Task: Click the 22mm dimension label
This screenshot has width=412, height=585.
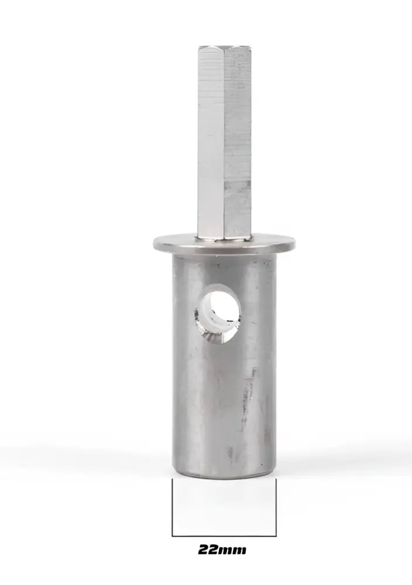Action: (222, 550)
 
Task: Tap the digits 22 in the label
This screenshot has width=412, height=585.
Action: (208, 550)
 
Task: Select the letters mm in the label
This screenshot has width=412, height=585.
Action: (234, 550)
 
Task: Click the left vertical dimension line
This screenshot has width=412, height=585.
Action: (172, 507)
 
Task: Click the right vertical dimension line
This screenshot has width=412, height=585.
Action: (276, 507)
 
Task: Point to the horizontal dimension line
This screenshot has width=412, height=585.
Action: (224, 535)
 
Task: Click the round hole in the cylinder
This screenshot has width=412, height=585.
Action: (218, 313)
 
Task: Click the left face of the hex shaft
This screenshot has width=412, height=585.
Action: (211, 140)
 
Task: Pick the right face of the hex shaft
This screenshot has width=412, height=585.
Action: (238, 140)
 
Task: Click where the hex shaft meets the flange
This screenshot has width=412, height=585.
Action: (224, 237)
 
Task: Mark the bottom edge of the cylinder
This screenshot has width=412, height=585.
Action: (224, 475)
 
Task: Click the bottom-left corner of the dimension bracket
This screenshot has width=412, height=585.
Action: (172, 535)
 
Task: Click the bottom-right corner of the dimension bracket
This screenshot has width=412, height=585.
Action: (276, 535)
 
